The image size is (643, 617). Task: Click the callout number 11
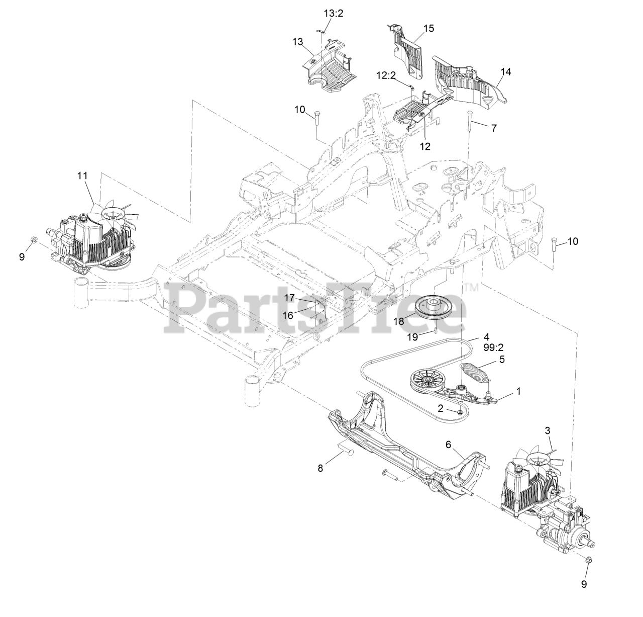click(x=82, y=175)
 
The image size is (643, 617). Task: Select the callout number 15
click(x=428, y=28)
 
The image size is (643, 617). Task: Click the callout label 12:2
click(x=386, y=75)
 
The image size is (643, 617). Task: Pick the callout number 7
click(x=494, y=128)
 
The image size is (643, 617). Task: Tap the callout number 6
click(x=449, y=444)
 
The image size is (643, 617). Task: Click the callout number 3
click(x=548, y=430)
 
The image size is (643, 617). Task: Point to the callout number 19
click(x=412, y=336)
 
